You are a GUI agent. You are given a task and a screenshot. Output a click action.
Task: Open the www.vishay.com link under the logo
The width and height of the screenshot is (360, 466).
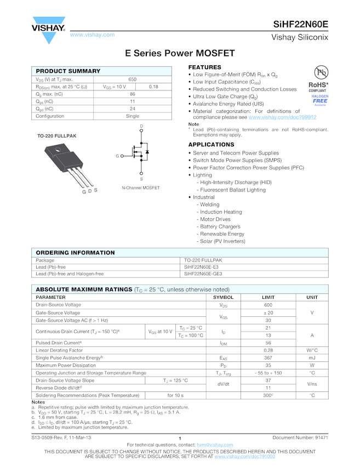point(92,35)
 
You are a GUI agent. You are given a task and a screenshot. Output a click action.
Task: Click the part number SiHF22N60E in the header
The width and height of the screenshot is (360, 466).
point(301,24)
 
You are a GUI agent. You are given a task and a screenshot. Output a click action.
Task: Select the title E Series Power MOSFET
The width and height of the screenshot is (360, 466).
point(180,53)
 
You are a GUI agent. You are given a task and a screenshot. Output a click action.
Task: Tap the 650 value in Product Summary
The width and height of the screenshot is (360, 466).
point(133,79)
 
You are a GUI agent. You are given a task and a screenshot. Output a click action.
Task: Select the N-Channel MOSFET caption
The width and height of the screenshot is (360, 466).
point(141,188)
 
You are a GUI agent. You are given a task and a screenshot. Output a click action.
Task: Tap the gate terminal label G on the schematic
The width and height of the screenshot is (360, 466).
point(117,156)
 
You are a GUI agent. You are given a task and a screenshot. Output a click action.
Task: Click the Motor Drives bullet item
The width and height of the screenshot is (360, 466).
point(215,219)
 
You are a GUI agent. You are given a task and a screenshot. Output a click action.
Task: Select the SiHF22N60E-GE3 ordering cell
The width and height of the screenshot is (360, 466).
point(203,274)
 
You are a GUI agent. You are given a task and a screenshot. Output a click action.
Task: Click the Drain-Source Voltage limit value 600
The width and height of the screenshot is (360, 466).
point(268,305)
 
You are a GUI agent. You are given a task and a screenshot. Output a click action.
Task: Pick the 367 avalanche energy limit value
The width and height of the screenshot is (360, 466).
point(268,357)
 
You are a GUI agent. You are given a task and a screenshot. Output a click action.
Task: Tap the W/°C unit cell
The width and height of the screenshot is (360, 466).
point(312,350)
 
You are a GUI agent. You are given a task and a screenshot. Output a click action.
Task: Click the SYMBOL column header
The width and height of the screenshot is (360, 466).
point(223,297)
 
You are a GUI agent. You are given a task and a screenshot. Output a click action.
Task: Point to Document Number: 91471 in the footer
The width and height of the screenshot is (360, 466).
point(300,437)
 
